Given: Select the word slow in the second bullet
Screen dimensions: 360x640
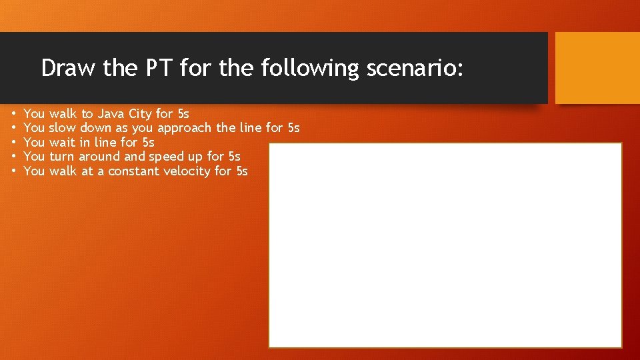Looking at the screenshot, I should coord(63,127).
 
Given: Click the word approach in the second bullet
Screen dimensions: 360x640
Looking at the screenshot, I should coord(185,128).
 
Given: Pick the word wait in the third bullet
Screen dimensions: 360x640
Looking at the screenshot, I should coord(63,142).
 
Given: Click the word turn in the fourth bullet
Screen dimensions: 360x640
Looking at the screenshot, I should coord(63,157).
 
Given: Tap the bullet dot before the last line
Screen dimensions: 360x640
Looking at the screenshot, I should coord(13,172).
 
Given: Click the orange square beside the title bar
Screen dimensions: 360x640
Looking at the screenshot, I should coord(597,68).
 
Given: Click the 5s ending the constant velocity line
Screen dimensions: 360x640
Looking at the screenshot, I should coord(241,171).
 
